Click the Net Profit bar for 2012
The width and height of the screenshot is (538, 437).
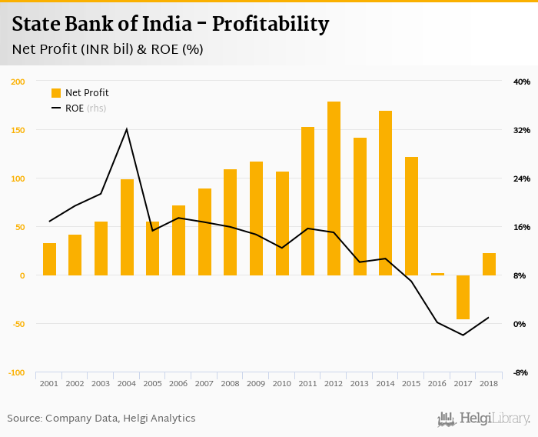coord(334,188)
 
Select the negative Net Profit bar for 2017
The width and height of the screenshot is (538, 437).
coord(463,297)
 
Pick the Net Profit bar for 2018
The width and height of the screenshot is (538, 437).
coord(489,264)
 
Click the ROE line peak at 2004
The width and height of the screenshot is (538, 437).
coord(127,128)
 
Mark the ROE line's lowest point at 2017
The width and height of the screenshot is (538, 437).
coord(463,335)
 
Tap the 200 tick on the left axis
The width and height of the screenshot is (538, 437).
coord(18,82)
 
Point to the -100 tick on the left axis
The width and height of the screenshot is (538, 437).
coord(16,372)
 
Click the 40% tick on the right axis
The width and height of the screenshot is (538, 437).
coord(522,82)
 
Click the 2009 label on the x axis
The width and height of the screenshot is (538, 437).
coord(256,383)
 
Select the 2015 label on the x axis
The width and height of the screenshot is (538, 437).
coord(411,383)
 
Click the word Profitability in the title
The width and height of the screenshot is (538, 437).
coord(271,24)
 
